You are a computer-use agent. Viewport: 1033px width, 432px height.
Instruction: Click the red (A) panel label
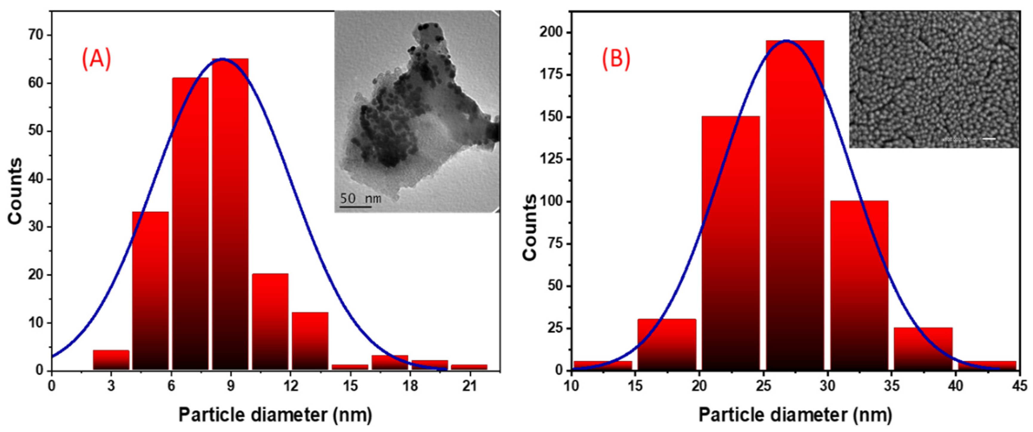click(96, 59)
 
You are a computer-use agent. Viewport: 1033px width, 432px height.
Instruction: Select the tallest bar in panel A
click(230, 214)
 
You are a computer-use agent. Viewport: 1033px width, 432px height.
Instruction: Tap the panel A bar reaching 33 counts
click(150, 291)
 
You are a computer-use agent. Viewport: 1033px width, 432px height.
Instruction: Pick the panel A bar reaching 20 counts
click(270, 322)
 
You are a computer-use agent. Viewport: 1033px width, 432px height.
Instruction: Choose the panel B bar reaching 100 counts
click(859, 285)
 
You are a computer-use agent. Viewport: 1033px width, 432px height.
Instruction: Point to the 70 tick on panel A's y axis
click(35, 35)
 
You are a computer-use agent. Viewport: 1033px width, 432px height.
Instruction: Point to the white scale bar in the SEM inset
click(989, 139)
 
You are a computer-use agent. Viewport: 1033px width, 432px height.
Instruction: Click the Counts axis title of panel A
click(15, 191)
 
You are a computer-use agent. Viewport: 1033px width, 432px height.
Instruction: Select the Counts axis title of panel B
click(529, 227)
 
